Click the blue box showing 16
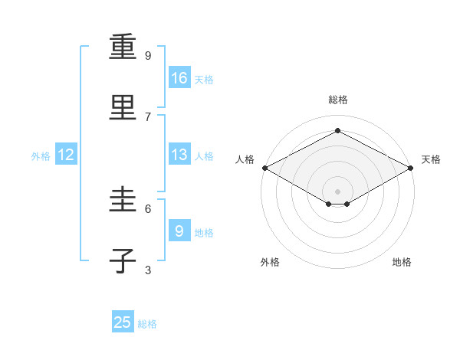pyautogui.click(x=179, y=77)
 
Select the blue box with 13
pyautogui.click(x=179, y=155)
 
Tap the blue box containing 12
pyautogui.click(x=66, y=155)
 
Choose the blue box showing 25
pyautogui.click(x=123, y=322)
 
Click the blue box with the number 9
pyautogui.click(x=179, y=231)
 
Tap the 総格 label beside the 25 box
pyautogui.click(x=147, y=324)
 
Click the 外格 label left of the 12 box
pyautogui.click(x=41, y=156)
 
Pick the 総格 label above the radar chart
pyautogui.click(x=337, y=100)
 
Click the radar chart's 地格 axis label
pyautogui.click(x=402, y=263)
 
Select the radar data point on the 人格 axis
pyautogui.click(x=264, y=168)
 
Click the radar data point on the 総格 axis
pyautogui.click(x=337, y=131)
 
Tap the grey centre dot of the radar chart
pyautogui.click(x=337, y=191)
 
